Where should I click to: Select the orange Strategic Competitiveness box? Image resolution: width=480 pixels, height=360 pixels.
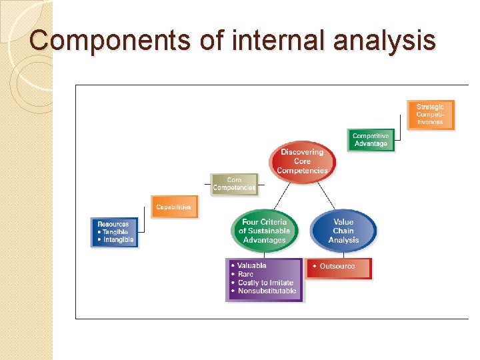click(430, 115)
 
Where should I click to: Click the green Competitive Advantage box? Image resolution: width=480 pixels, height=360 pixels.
click(371, 140)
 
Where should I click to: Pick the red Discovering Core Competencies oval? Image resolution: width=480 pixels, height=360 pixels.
click(302, 161)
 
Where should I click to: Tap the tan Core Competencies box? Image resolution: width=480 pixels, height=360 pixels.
click(233, 184)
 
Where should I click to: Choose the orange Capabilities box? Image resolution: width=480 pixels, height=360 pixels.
click(173, 207)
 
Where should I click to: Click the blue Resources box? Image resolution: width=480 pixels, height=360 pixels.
click(114, 232)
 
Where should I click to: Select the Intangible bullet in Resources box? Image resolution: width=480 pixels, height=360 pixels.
click(118, 239)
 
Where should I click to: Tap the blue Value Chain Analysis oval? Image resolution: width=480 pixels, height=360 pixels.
click(343, 231)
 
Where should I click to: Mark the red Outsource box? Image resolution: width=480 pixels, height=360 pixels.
click(338, 267)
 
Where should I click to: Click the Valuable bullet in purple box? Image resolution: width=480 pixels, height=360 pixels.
click(252, 265)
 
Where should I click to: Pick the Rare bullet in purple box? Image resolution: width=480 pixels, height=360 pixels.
click(245, 274)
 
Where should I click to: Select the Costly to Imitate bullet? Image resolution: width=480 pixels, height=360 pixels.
click(265, 283)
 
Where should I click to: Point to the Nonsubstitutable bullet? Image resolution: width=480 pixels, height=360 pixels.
click(267, 291)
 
